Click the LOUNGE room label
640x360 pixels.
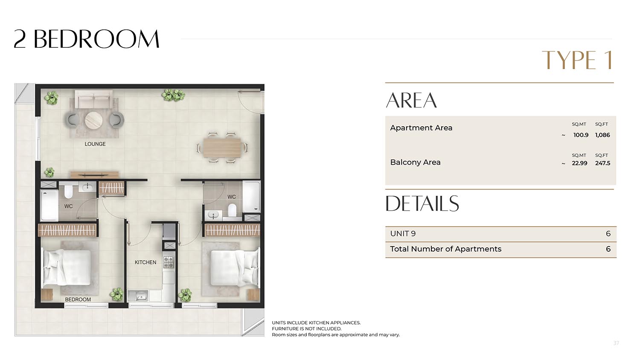[95, 144]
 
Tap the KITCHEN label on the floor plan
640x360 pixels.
[145, 262]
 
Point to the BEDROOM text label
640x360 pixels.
[78, 299]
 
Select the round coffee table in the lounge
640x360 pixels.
[94, 120]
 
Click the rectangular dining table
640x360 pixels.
[222, 148]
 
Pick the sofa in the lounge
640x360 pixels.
[94, 99]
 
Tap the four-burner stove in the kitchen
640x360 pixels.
[169, 262]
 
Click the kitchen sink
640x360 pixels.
[138, 296]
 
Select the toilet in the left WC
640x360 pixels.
[69, 191]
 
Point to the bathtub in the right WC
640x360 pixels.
[251, 197]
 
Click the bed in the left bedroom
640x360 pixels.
[67, 267]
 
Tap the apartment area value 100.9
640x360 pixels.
[581, 135]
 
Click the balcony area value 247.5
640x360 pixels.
[602, 163]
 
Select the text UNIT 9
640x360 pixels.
[403, 234]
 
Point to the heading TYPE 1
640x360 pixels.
[577, 60]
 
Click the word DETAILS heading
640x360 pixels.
[422, 203]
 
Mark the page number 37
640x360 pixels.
[616, 343]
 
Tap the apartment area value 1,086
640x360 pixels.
[602, 135]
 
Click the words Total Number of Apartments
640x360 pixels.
[446, 249]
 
